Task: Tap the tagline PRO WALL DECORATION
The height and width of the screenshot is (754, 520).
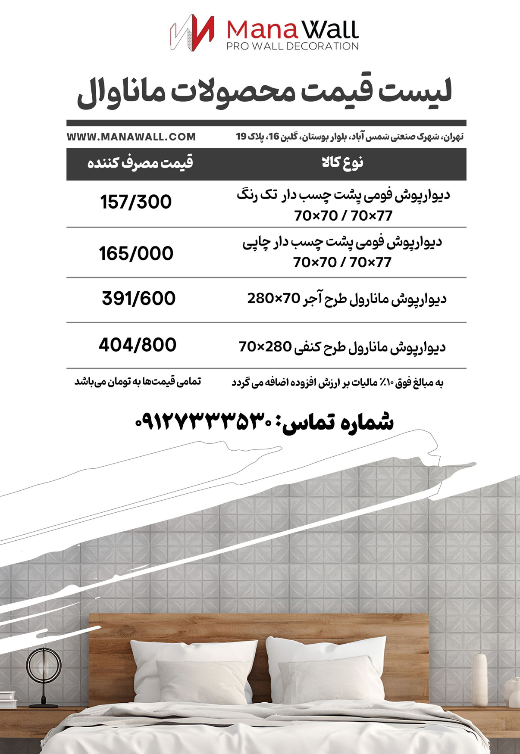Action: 292,46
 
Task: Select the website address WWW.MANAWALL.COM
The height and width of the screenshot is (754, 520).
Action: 131,137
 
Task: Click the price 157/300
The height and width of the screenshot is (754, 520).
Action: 136,202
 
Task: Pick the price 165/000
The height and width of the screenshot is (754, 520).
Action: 136,253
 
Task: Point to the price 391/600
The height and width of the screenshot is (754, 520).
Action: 138,299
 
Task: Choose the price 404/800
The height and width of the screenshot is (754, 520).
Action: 138,345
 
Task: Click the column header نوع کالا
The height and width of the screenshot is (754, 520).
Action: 342,163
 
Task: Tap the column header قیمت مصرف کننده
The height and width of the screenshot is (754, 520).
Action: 140,163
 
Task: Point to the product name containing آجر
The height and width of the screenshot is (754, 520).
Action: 347,299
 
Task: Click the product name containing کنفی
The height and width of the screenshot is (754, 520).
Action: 342,347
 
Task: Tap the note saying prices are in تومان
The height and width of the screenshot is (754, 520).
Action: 138,382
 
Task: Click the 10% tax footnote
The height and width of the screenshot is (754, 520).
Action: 338,383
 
